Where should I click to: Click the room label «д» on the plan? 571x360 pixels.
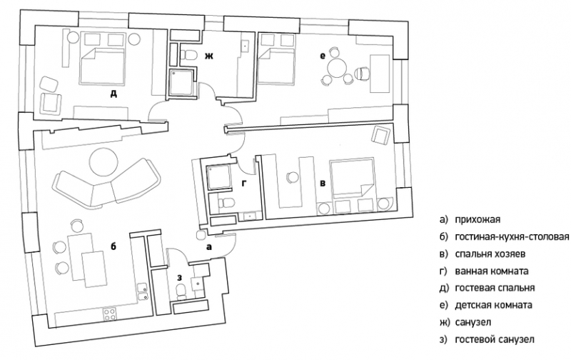(x=113, y=94)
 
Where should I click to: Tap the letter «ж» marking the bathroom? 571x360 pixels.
(x=208, y=56)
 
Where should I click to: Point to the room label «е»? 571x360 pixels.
(x=322, y=56)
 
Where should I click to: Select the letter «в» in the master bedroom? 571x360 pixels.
(x=323, y=184)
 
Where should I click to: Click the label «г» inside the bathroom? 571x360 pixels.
(x=244, y=184)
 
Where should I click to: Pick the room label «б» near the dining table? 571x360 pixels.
(x=113, y=246)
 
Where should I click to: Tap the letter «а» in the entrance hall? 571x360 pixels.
(x=208, y=247)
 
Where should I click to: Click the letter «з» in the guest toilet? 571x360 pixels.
(x=179, y=278)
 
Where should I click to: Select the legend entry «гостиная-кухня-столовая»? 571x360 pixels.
(x=512, y=236)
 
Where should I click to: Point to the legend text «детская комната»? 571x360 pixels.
(x=493, y=305)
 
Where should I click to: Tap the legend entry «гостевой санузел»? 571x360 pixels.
(x=495, y=339)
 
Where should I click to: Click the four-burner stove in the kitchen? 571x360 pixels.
(x=110, y=314)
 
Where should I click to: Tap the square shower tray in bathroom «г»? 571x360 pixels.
(x=218, y=177)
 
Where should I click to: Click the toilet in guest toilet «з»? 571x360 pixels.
(x=181, y=291)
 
